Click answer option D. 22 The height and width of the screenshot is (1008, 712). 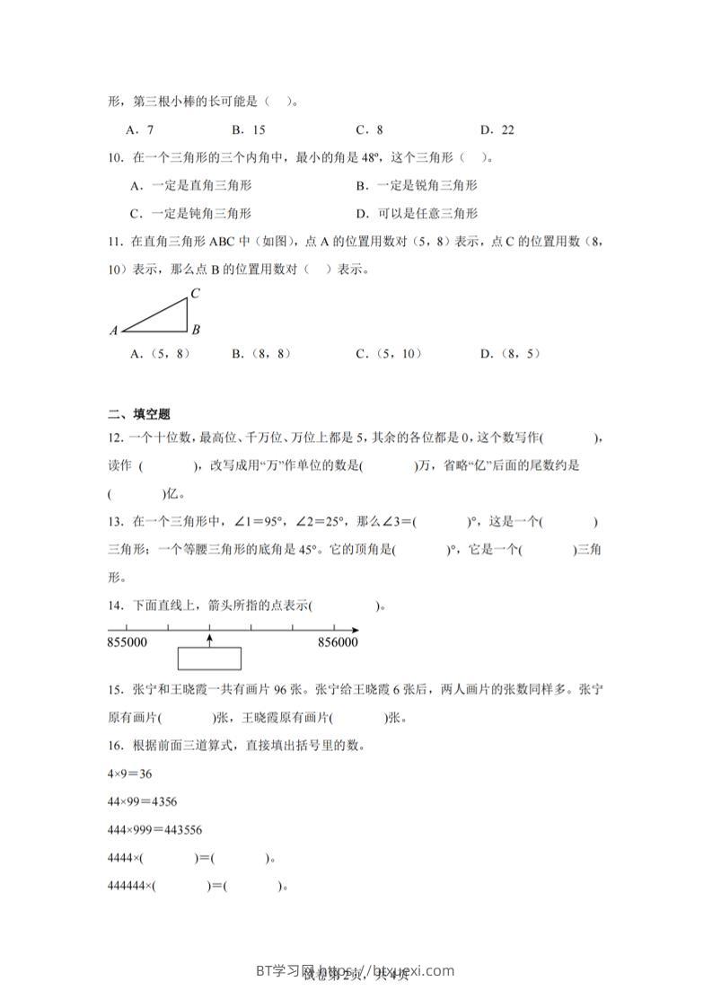coord(497,129)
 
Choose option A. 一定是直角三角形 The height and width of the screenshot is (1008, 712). coord(190,185)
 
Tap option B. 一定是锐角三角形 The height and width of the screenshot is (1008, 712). coord(417,185)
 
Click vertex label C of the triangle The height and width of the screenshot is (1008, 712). coord(195,293)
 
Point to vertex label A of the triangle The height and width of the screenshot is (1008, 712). coord(114,331)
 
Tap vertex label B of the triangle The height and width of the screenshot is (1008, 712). coord(196,330)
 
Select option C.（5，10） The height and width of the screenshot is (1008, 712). coord(389,354)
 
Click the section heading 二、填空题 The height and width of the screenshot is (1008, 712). coord(138,414)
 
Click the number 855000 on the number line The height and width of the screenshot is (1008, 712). coord(127,642)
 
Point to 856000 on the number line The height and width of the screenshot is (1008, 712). coord(338,642)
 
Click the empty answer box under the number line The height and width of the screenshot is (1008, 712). coord(209,659)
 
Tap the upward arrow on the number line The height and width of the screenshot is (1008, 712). coord(209,638)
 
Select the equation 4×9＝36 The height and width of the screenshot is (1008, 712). coord(127,773)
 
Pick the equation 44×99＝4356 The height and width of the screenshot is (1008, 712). coord(140,801)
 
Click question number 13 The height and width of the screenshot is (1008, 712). coord(114,521)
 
